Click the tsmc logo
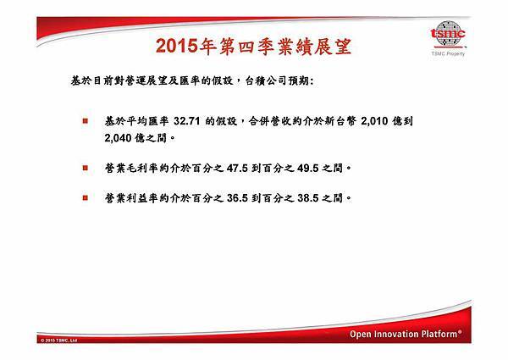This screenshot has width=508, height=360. (x=448, y=34)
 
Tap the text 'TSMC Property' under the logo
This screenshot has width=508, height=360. (x=448, y=53)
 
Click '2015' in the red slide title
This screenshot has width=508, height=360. (x=177, y=46)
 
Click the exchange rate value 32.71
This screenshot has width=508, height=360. (x=186, y=121)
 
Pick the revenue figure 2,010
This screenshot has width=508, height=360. (x=374, y=121)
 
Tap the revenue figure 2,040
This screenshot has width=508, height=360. (x=119, y=138)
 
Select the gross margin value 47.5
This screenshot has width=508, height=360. (x=237, y=169)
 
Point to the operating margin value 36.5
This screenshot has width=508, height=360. (x=237, y=198)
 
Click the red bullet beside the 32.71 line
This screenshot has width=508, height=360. (x=86, y=121)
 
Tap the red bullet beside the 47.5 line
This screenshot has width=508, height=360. (x=86, y=168)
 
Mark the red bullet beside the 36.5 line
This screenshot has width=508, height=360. (x=86, y=197)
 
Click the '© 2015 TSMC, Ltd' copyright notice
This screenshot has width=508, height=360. (x=58, y=341)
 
